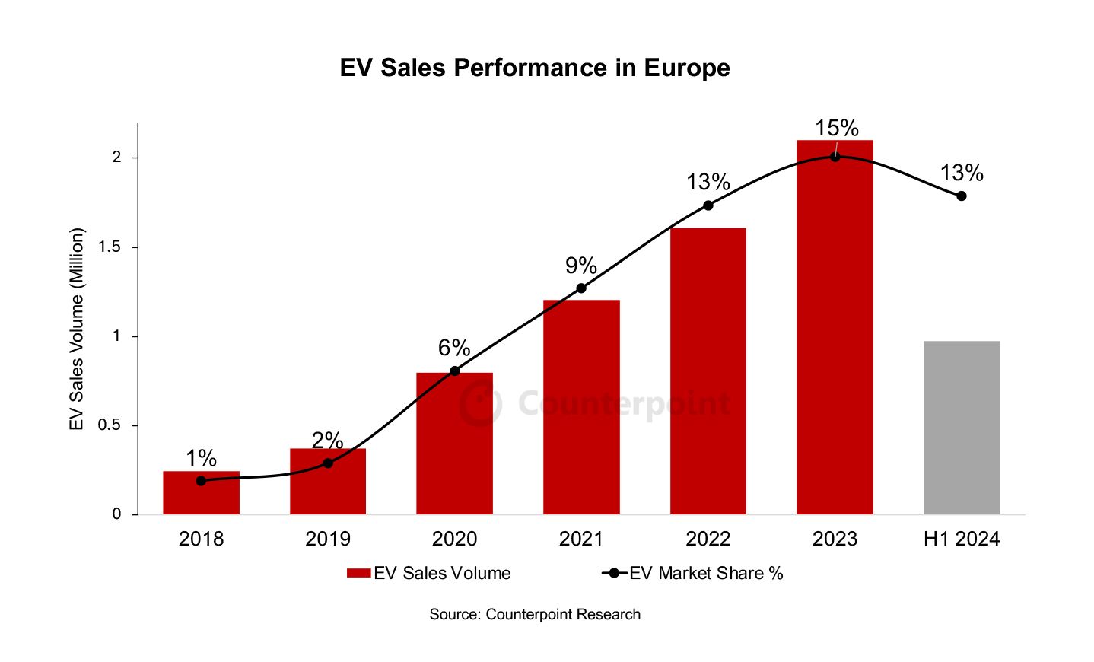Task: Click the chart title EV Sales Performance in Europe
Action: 534,68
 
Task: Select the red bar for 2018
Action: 201,495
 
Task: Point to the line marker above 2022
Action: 708,205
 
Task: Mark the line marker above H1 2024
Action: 962,196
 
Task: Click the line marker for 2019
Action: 328,463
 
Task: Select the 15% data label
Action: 836,128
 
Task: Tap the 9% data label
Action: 580,266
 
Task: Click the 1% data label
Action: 201,458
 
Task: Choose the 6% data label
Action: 454,348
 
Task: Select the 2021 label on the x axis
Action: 581,539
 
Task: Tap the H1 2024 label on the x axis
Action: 962,539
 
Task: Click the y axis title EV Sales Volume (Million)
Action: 77,329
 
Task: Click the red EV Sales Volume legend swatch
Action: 358,574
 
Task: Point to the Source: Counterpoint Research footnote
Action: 535,615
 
